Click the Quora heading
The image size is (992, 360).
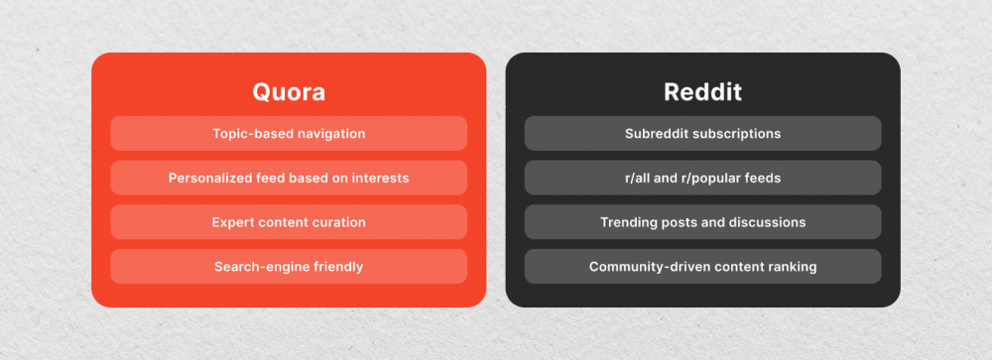point(289,92)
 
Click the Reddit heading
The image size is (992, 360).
point(702,92)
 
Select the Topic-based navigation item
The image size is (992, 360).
point(289,133)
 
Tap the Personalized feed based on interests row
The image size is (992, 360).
point(289,178)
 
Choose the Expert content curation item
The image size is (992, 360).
point(289,222)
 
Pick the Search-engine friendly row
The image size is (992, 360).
point(289,266)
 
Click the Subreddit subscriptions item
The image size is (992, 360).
point(702,133)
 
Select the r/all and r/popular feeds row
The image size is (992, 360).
point(702,178)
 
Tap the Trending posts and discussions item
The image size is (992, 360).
point(702,222)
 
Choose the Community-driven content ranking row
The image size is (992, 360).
point(702,266)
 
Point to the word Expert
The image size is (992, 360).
point(233,222)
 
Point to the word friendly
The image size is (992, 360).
point(334,266)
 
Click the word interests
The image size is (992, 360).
point(379,178)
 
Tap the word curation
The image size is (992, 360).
point(336,222)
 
